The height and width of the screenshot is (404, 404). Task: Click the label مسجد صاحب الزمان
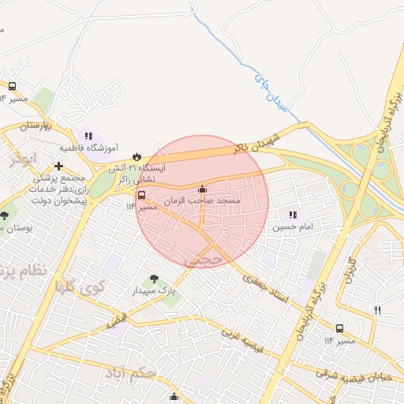click(x=205, y=202)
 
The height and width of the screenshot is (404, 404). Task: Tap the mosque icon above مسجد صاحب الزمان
click(x=202, y=189)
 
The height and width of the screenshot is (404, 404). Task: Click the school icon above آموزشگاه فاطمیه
click(x=88, y=135)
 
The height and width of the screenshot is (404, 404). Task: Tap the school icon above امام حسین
click(x=294, y=215)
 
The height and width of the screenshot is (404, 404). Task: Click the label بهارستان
click(x=36, y=125)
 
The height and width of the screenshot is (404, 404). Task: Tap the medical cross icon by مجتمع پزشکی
click(x=59, y=166)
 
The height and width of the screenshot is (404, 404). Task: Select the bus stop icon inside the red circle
click(x=142, y=195)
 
